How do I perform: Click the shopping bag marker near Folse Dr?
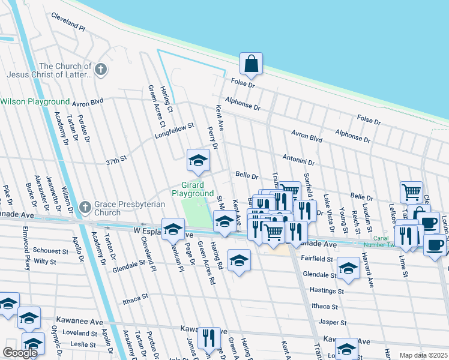252,64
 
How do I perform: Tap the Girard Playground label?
193,189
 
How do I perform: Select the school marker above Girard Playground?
197,160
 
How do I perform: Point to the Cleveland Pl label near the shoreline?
68,23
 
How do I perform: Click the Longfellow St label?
175,131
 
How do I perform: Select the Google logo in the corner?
19,353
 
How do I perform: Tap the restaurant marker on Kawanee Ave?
208,338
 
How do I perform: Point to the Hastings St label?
325,290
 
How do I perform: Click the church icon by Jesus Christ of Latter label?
101,70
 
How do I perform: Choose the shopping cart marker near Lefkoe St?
411,193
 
